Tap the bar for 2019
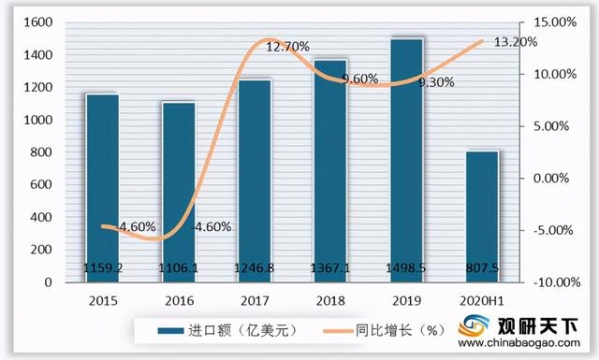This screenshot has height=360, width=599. click(x=407, y=160)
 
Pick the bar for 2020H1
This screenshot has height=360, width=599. click(x=483, y=216)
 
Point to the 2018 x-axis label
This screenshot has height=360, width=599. click(x=331, y=299)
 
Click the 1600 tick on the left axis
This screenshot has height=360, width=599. click(x=40, y=22)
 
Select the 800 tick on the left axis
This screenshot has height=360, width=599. click(x=44, y=152)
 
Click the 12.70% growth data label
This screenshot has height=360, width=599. click(x=287, y=46)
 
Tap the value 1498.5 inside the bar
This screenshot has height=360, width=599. click(x=408, y=269)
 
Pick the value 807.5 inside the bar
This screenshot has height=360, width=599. click(x=483, y=269)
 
